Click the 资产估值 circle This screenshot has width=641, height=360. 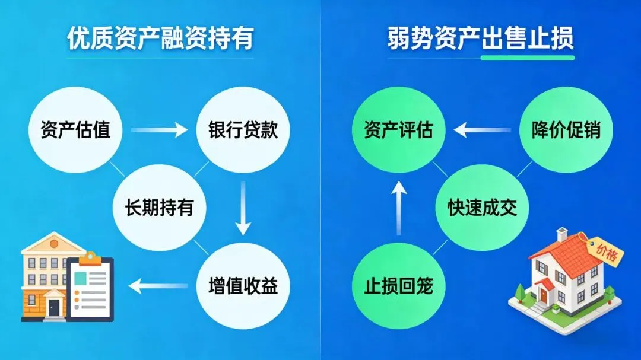pos(75,129)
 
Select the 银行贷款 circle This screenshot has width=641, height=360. pos(243,129)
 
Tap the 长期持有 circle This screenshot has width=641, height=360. pos(159,208)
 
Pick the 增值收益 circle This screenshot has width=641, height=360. pos(243,286)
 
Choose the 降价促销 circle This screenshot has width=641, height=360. pos(564,129)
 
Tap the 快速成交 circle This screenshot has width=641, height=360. pos(482,208)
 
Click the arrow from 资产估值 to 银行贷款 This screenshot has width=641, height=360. pos(159,129)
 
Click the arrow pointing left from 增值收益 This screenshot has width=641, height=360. pos(159,286)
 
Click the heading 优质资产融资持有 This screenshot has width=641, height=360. pos(160,39)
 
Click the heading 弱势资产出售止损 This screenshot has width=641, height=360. pos(481,39)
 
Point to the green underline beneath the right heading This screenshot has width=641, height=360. pos(527,58)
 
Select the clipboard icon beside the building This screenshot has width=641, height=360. pos(90,288)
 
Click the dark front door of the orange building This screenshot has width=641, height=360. pos(54,307)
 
